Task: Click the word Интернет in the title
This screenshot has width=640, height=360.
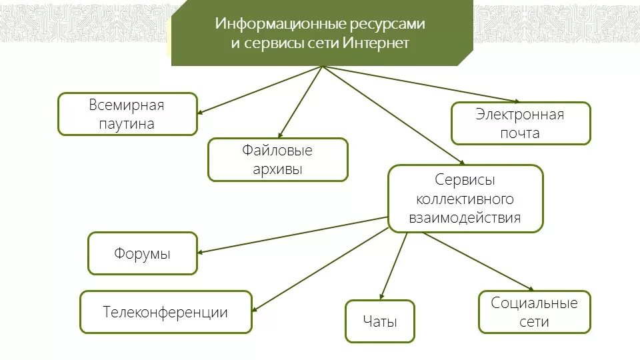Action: (x=376, y=43)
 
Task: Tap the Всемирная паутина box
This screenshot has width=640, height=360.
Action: (x=127, y=114)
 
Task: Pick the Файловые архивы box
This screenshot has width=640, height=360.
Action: (x=277, y=159)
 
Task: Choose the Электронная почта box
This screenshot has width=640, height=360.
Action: (x=520, y=123)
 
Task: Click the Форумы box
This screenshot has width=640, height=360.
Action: (x=142, y=253)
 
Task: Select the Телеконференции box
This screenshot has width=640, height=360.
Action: (x=165, y=312)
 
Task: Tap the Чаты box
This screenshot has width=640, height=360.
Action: (x=380, y=321)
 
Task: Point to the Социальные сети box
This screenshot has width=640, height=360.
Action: (x=534, y=312)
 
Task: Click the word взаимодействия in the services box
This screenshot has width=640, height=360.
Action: (x=466, y=217)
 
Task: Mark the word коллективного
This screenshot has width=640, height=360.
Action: (x=465, y=199)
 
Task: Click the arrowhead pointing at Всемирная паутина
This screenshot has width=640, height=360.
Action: (x=201, y=113)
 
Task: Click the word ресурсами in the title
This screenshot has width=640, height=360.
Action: (x=387, y=24)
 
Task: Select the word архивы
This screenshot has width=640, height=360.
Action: (x=277, y=169)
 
